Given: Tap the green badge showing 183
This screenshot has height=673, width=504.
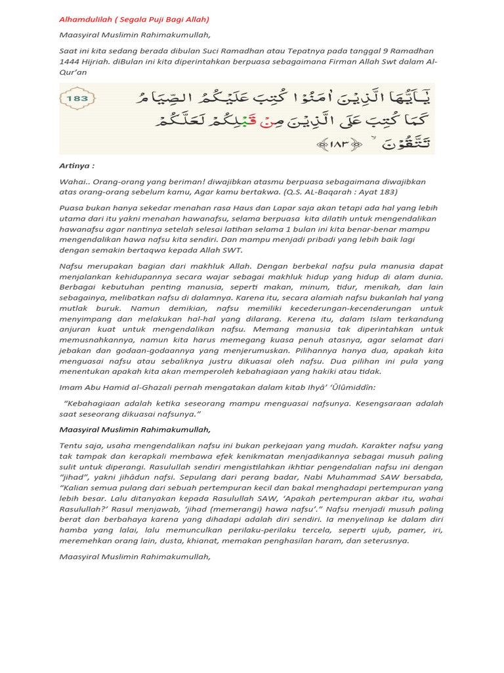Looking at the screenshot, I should (x=77, y=99).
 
